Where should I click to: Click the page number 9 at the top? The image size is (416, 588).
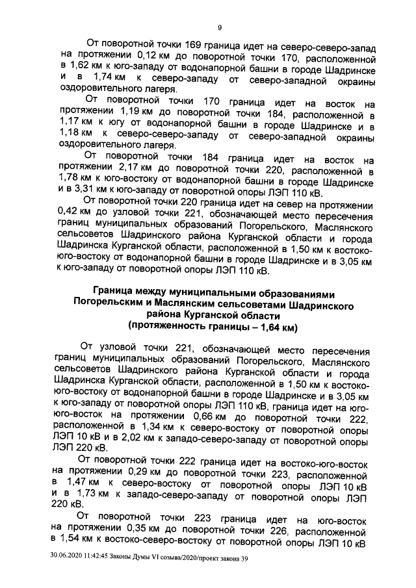pos(219,27)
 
